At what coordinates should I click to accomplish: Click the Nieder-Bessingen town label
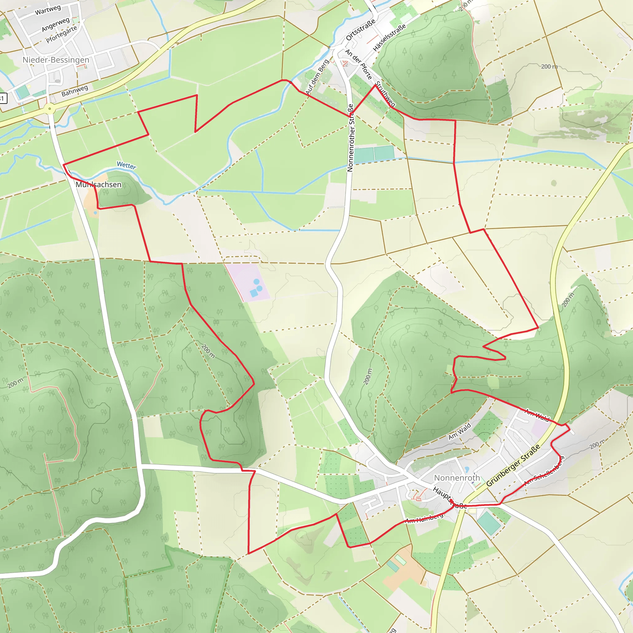[56, 60]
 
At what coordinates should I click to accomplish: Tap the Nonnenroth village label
[457, 478]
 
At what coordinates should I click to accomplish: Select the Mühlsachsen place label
[99, 185]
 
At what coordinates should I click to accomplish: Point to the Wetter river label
[126, 165]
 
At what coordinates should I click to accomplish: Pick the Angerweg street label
[55, 25]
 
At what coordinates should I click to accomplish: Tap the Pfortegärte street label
[61, 34]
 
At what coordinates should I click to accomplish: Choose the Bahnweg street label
[75, 91]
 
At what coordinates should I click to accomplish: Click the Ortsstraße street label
[360, 31]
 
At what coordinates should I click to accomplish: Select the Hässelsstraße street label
[389, 37]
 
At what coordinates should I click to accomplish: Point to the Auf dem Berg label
[317, 77]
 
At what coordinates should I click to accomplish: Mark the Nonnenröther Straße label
[350, 138]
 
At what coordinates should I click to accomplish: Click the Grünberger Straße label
[513, 465]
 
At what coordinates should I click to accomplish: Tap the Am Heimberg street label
[424, 518]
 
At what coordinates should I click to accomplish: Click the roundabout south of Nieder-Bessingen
[49, 109]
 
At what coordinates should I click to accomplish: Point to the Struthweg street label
[386, 94]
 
